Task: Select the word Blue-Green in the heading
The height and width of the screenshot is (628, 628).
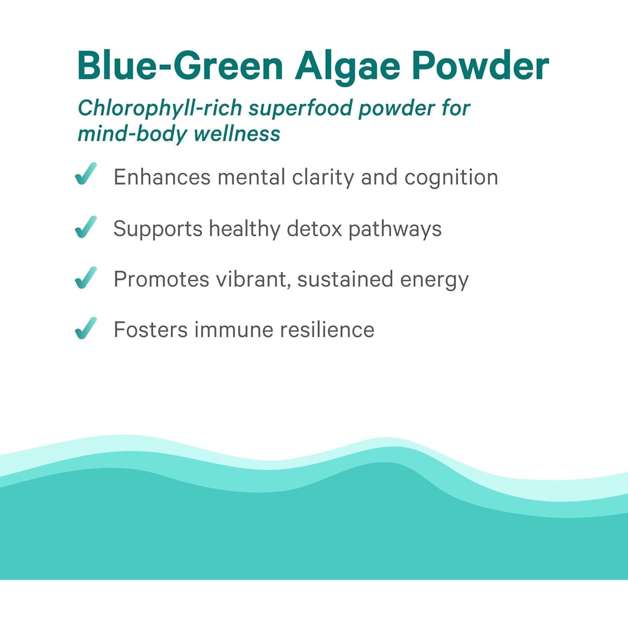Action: [180, 66]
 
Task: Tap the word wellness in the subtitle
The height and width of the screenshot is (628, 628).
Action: [237, 134]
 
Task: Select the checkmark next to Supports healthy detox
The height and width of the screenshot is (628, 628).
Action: [86, 227]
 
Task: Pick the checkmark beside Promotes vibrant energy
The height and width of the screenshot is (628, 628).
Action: [86, 278]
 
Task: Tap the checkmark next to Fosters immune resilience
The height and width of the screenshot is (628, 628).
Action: [86, 328]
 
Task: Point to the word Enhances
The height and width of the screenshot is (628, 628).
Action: [162, 177]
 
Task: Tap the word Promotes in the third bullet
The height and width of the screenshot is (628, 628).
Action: [161, 279]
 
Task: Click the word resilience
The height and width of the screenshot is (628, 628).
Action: [327, 330]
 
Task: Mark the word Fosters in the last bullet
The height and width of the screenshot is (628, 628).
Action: [151, 330]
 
